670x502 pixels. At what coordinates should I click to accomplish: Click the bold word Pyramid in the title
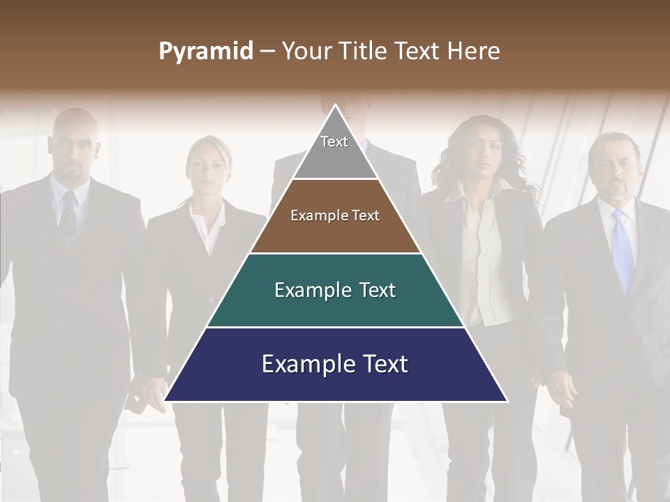[x=205, y=52]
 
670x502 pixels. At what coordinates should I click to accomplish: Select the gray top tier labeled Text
[x=335, y=150]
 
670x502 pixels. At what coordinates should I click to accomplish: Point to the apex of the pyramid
[x=336, y=106]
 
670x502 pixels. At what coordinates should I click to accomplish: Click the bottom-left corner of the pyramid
[x=166, y=400]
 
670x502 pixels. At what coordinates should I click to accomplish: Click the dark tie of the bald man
[x=68, y=220]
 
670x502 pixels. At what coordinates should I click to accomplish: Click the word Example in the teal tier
[x=305, y=290]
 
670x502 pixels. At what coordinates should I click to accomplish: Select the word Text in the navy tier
[x=380, y=364]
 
